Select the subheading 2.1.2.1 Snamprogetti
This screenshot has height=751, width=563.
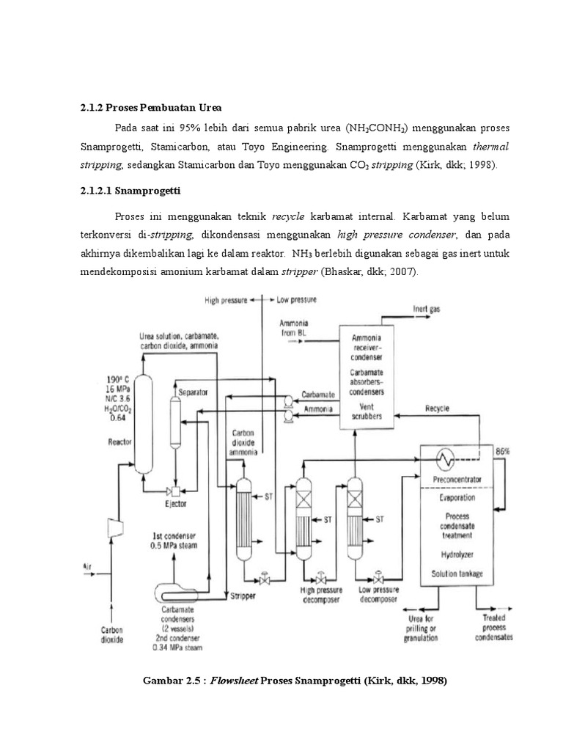pyautogui.click(x=130, y=191)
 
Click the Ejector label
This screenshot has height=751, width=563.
pyautogui.click(x=176, y=504)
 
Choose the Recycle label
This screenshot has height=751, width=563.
pyautogui.click(x=437, y=408)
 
